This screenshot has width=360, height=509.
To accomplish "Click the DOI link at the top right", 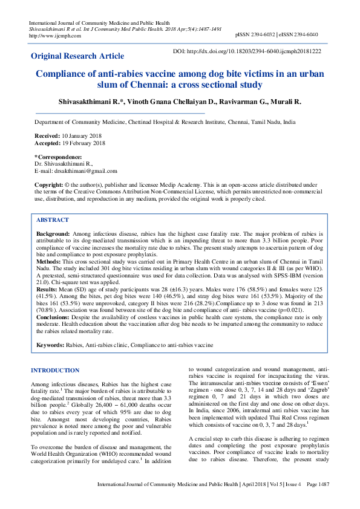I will click(247, 52).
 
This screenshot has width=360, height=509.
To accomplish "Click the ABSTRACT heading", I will click(53, 220).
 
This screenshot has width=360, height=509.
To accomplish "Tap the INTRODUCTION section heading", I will click(55, 370).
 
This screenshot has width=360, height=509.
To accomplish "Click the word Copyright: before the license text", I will click(49, 184).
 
